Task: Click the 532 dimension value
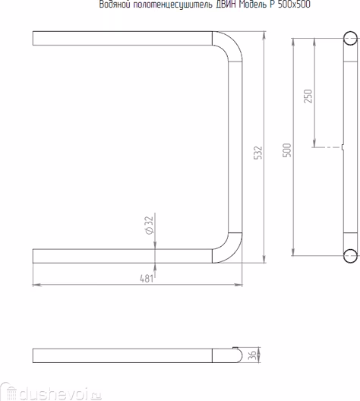[258, 153]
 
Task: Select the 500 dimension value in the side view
[287, 150]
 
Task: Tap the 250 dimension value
[308, 96]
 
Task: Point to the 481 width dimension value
[147, 279]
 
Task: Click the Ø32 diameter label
[149, 225]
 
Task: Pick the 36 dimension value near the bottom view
[252, 355]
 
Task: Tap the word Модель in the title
[253, 5]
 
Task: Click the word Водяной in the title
[115, 5]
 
